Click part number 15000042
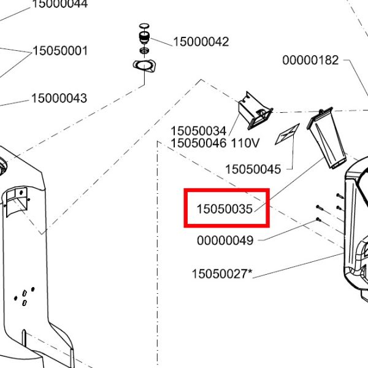[201, 42]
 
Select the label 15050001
[59, 51]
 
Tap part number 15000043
[59, 98]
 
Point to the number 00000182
[310, 60]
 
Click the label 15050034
[199, 131]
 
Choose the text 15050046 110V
[215, 144]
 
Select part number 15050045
[253, 169]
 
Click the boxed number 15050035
[224, 209]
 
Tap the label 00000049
[225, 240]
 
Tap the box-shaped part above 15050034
[254, 111]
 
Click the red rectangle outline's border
[186, 209]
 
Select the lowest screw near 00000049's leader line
[319, 218]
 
